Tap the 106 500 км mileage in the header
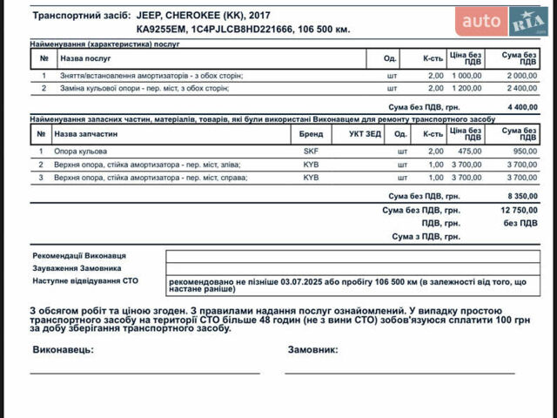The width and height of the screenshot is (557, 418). pos(321,29)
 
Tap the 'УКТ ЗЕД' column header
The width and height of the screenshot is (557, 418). pos(364,135)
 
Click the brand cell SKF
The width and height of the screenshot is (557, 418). pos(311,152)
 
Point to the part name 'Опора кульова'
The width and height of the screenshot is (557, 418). pos(79,152)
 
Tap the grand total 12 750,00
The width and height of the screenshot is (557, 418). pos(519,210)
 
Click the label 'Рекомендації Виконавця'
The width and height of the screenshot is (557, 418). pos(80,256)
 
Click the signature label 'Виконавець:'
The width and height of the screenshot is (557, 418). pos(63,350)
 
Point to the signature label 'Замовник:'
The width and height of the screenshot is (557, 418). pos(312,350)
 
